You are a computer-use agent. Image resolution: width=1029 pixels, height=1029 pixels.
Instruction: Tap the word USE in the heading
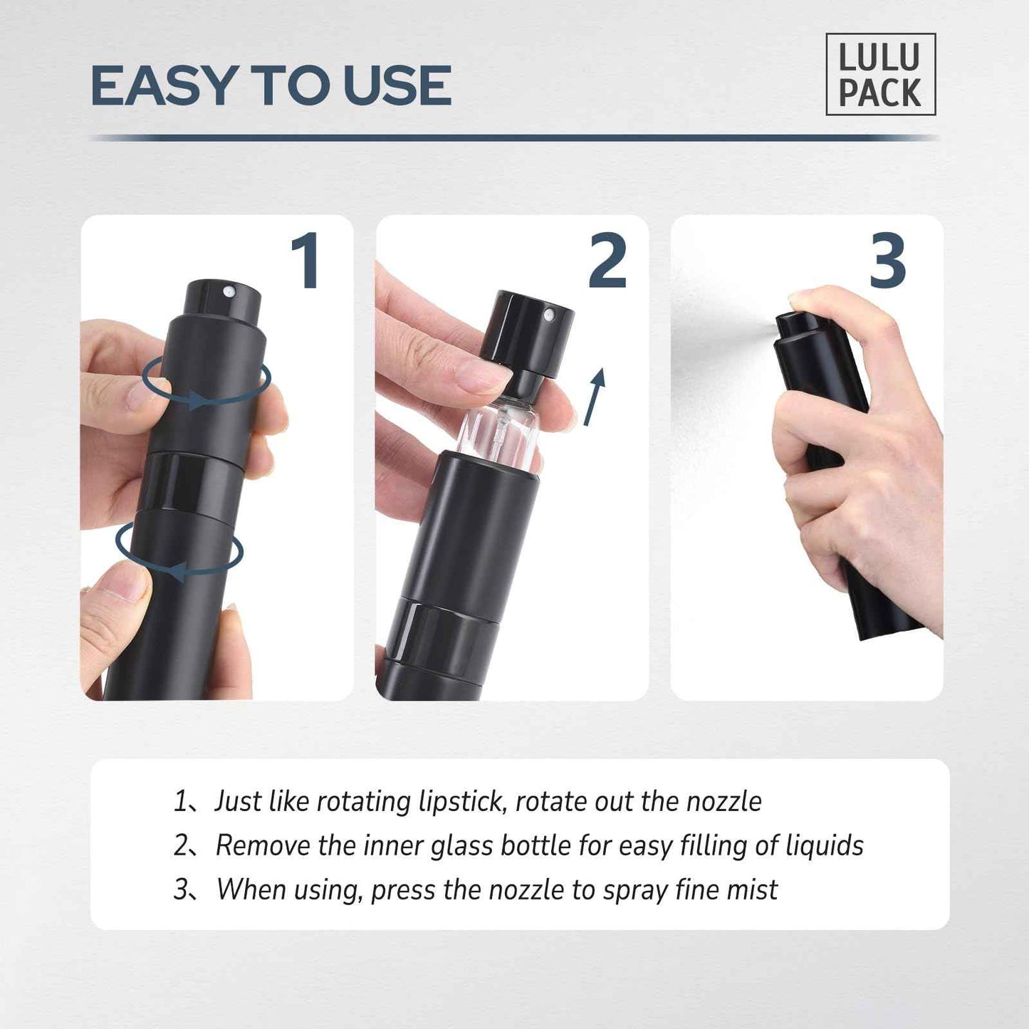[x=397, y=86]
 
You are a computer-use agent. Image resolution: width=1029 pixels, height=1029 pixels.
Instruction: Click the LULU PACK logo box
[x=880, y=75]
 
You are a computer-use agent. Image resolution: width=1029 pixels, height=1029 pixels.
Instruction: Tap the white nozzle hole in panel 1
[x=229, y=291]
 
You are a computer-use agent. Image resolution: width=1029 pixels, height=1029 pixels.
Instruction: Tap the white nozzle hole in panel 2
[x=548, y=315]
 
